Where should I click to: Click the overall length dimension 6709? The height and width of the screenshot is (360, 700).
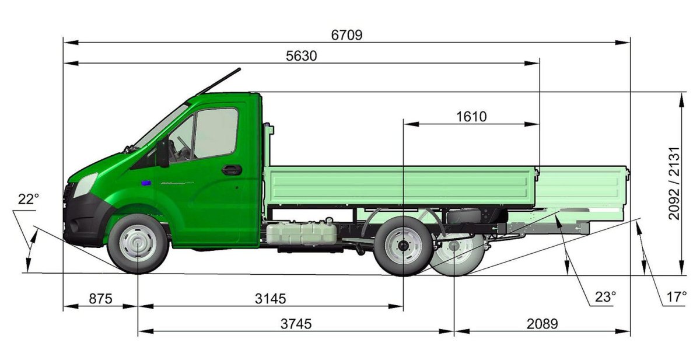346,35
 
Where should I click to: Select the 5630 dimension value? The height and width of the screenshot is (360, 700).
301,56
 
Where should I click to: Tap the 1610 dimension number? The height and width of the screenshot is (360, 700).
471,117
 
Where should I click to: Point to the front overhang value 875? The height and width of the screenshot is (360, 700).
100,299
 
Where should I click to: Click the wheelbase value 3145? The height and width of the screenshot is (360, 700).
270,299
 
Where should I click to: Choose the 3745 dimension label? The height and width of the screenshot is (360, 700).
296,324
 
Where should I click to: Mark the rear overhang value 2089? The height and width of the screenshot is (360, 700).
542,324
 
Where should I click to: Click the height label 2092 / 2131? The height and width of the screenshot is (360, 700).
674,183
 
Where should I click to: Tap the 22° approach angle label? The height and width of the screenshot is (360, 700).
29,200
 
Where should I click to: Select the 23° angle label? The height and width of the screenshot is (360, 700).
605,297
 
